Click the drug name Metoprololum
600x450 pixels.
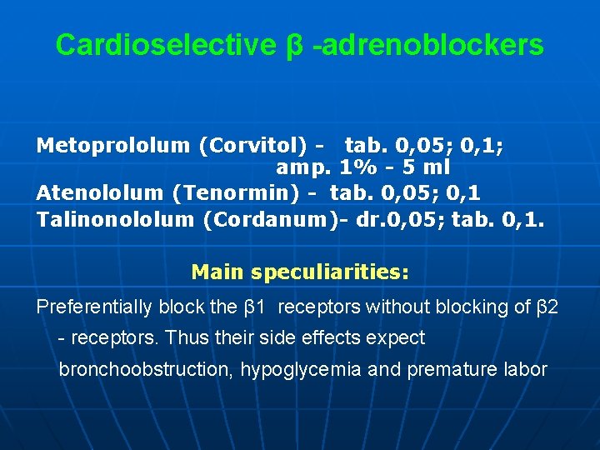click(113, 146)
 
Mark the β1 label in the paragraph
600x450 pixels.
click(254, 307)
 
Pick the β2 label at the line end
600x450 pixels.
click(547, 307)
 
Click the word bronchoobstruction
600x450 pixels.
click(142, 369)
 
